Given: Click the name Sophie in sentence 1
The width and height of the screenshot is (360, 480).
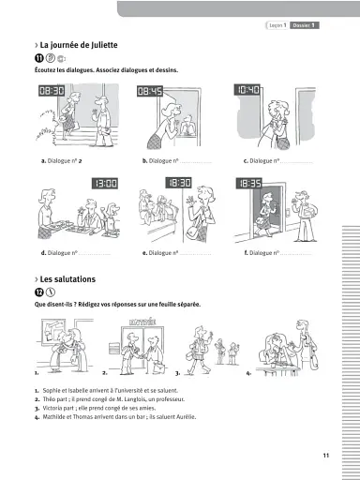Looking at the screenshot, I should tap(52, 389).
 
